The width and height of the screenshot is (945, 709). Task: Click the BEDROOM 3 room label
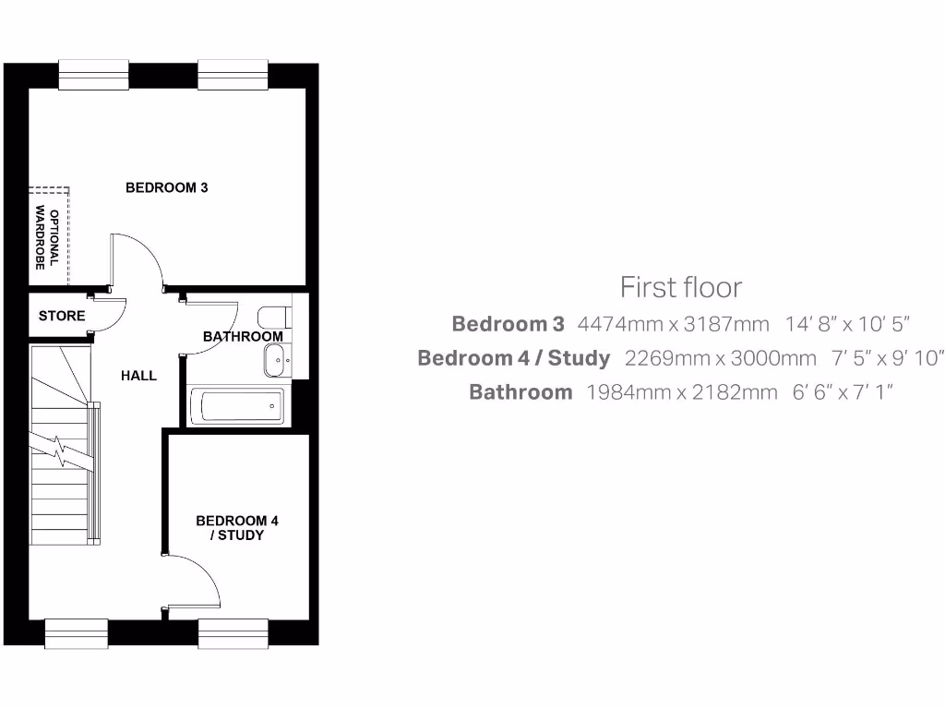point(166,187)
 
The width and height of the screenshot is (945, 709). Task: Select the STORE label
point(62,316)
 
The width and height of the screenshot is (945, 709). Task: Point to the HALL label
point(138,376)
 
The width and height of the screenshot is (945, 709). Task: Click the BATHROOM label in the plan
point(243,336)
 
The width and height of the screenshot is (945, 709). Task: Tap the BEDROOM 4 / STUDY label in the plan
point(237,528)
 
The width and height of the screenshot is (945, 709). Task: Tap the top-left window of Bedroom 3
point(93,76)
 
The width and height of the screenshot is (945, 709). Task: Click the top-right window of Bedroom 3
point(233,76)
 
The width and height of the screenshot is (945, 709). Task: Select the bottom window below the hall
point(77,633)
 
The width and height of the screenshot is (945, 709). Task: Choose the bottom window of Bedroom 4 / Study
point(233,633)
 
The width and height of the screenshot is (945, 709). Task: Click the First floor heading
point(680,287)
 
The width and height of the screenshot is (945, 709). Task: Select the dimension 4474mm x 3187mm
point(673,324)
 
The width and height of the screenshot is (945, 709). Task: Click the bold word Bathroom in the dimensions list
point(520,392)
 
